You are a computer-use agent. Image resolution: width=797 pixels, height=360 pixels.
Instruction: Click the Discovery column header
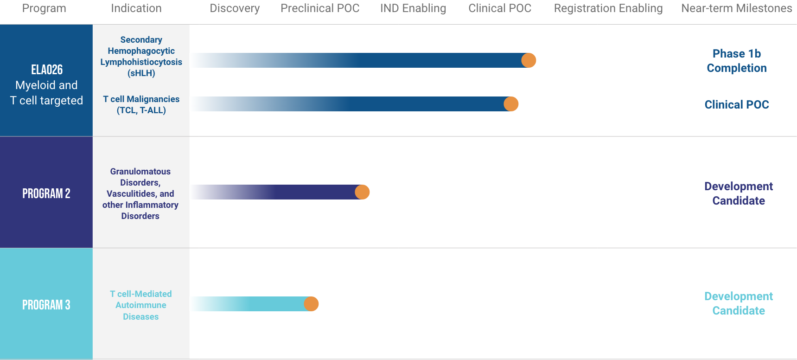pyautogui.click(x=235, y=8)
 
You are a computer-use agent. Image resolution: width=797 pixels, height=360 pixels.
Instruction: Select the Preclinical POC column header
pyautogui.click(x=320, y=8)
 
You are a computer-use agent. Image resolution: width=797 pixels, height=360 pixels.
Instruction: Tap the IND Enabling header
pyautogui.click(x=413, y=8)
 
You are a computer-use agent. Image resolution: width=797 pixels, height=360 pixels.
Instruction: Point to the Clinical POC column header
pyautogui.click(x=500, y=8)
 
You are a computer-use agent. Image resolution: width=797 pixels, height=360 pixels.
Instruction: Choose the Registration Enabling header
pyautogui.click(x=608, y=8)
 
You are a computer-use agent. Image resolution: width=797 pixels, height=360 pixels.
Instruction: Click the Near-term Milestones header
pyautogui.click(x=737, y=8)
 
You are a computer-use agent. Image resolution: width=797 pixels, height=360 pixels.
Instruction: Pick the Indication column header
pyautogui.click(x=136, y=8)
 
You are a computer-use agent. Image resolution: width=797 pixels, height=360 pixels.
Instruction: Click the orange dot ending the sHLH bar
pyautogui.click(x=529, y=60)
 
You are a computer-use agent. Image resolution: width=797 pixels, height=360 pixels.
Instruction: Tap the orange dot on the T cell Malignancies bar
pyautogui.click(x=511, y=104)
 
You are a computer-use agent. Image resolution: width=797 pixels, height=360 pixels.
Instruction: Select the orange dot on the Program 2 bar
pyautogui.click(x=362, y=192)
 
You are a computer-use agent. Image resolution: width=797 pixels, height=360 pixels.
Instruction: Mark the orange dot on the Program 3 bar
pyautogui.click(x=311, y=304)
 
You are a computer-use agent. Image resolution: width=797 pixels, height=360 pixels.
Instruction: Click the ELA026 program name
pyautogui.click(x=47, y=70)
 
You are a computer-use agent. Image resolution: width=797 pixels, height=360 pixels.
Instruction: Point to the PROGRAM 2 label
pyautogui.click(x=46, y=193)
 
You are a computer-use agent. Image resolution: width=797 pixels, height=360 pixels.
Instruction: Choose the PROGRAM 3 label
pyautogui.click(x=46, y=305)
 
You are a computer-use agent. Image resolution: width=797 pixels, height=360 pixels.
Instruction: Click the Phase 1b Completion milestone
pyautogui.click(x=736, y=61)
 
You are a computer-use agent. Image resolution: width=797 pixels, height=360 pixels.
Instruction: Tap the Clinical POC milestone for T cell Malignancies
pyautogui.click(x=736, y=105)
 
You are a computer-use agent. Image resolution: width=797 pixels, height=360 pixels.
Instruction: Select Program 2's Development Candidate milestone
pyautogui.click(x=738, y=193)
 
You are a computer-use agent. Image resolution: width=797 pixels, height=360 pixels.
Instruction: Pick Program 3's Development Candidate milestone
pyautogui.click(x=738, y=303)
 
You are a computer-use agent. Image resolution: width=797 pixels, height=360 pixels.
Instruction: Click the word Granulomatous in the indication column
pyautogui.click(x=140, y=172)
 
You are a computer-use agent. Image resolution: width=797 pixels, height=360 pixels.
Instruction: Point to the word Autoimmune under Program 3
pyautogui.click(x=140, y=305)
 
